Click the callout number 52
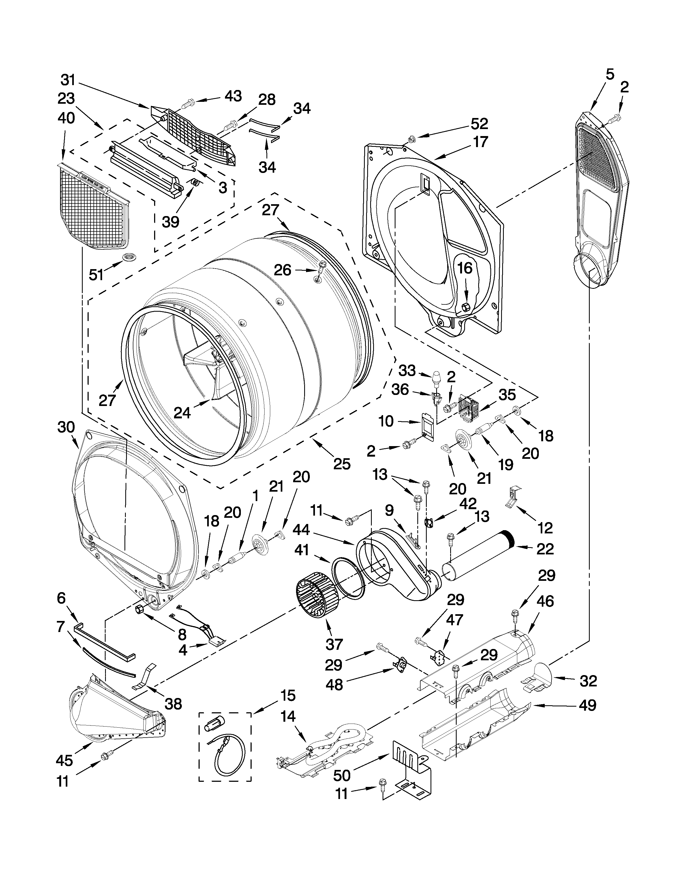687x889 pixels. point(480,123)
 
